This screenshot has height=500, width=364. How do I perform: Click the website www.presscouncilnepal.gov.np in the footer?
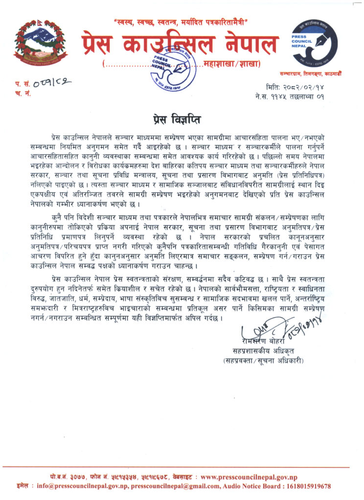click(249, 477)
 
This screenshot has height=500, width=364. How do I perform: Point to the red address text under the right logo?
click(318, 74)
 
